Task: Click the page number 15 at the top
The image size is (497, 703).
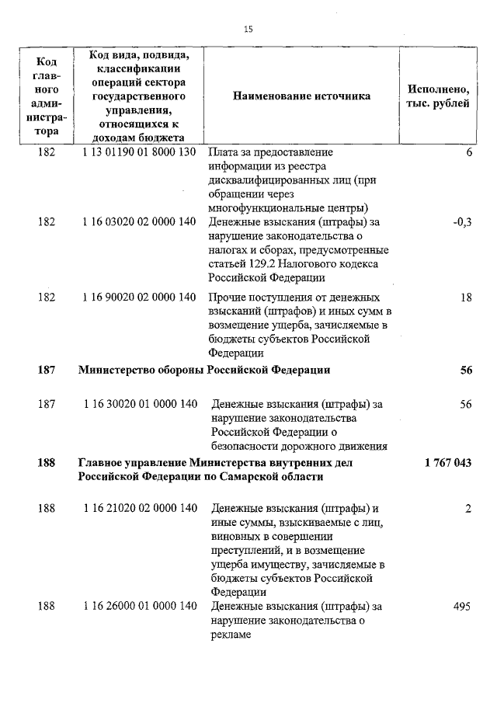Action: (248, 30)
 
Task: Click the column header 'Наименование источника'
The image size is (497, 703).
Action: (301, 96)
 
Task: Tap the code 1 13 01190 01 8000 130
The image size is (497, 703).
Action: (139, 151)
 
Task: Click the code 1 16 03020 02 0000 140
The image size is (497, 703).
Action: (139, 221)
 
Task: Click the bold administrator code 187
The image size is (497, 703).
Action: (47, 370)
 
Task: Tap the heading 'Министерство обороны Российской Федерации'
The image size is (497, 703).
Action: (204, 370)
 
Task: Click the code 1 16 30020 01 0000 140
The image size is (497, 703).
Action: (139, 404)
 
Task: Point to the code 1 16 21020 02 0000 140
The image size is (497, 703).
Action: (139, 509)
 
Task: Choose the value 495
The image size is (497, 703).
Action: (463, 607)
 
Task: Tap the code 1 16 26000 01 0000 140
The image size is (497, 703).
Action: (139, 607)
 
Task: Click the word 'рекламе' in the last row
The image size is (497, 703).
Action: (231, 635)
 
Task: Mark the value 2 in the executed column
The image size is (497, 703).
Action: (469, 509)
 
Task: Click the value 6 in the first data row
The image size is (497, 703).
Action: (469, 151)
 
